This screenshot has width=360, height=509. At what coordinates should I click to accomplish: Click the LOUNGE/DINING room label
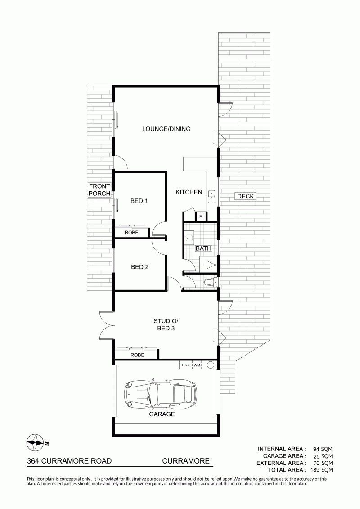click(166, 129)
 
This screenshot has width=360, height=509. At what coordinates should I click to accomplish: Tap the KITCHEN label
click(189, 192)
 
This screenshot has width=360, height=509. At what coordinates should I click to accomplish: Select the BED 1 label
click(139, 201)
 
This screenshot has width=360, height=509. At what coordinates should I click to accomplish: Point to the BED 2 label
click(139, 267)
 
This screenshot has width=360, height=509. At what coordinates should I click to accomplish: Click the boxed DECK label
click(245, 196)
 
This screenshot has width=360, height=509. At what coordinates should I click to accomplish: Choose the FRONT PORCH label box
click(99, 190)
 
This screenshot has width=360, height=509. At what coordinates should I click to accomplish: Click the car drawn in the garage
click(161, 394)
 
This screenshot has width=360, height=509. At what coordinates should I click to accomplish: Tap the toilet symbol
click(210, 282)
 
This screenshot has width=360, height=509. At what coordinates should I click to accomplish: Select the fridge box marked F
click(201, 216)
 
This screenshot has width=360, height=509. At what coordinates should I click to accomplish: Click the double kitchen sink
click(211, 196)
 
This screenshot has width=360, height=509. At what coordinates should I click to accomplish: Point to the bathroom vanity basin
click(189, 238)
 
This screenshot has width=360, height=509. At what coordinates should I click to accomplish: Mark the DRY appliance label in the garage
click(186, 365)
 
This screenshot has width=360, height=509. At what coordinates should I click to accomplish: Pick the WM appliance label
click(197, 365)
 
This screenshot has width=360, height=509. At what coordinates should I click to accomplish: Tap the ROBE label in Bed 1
click(131, 232)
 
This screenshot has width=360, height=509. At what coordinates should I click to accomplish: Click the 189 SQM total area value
click(323, 470)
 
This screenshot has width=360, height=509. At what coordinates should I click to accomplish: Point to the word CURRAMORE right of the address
click(186, 461)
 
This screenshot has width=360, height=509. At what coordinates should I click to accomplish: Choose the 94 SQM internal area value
click(323, 449)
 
